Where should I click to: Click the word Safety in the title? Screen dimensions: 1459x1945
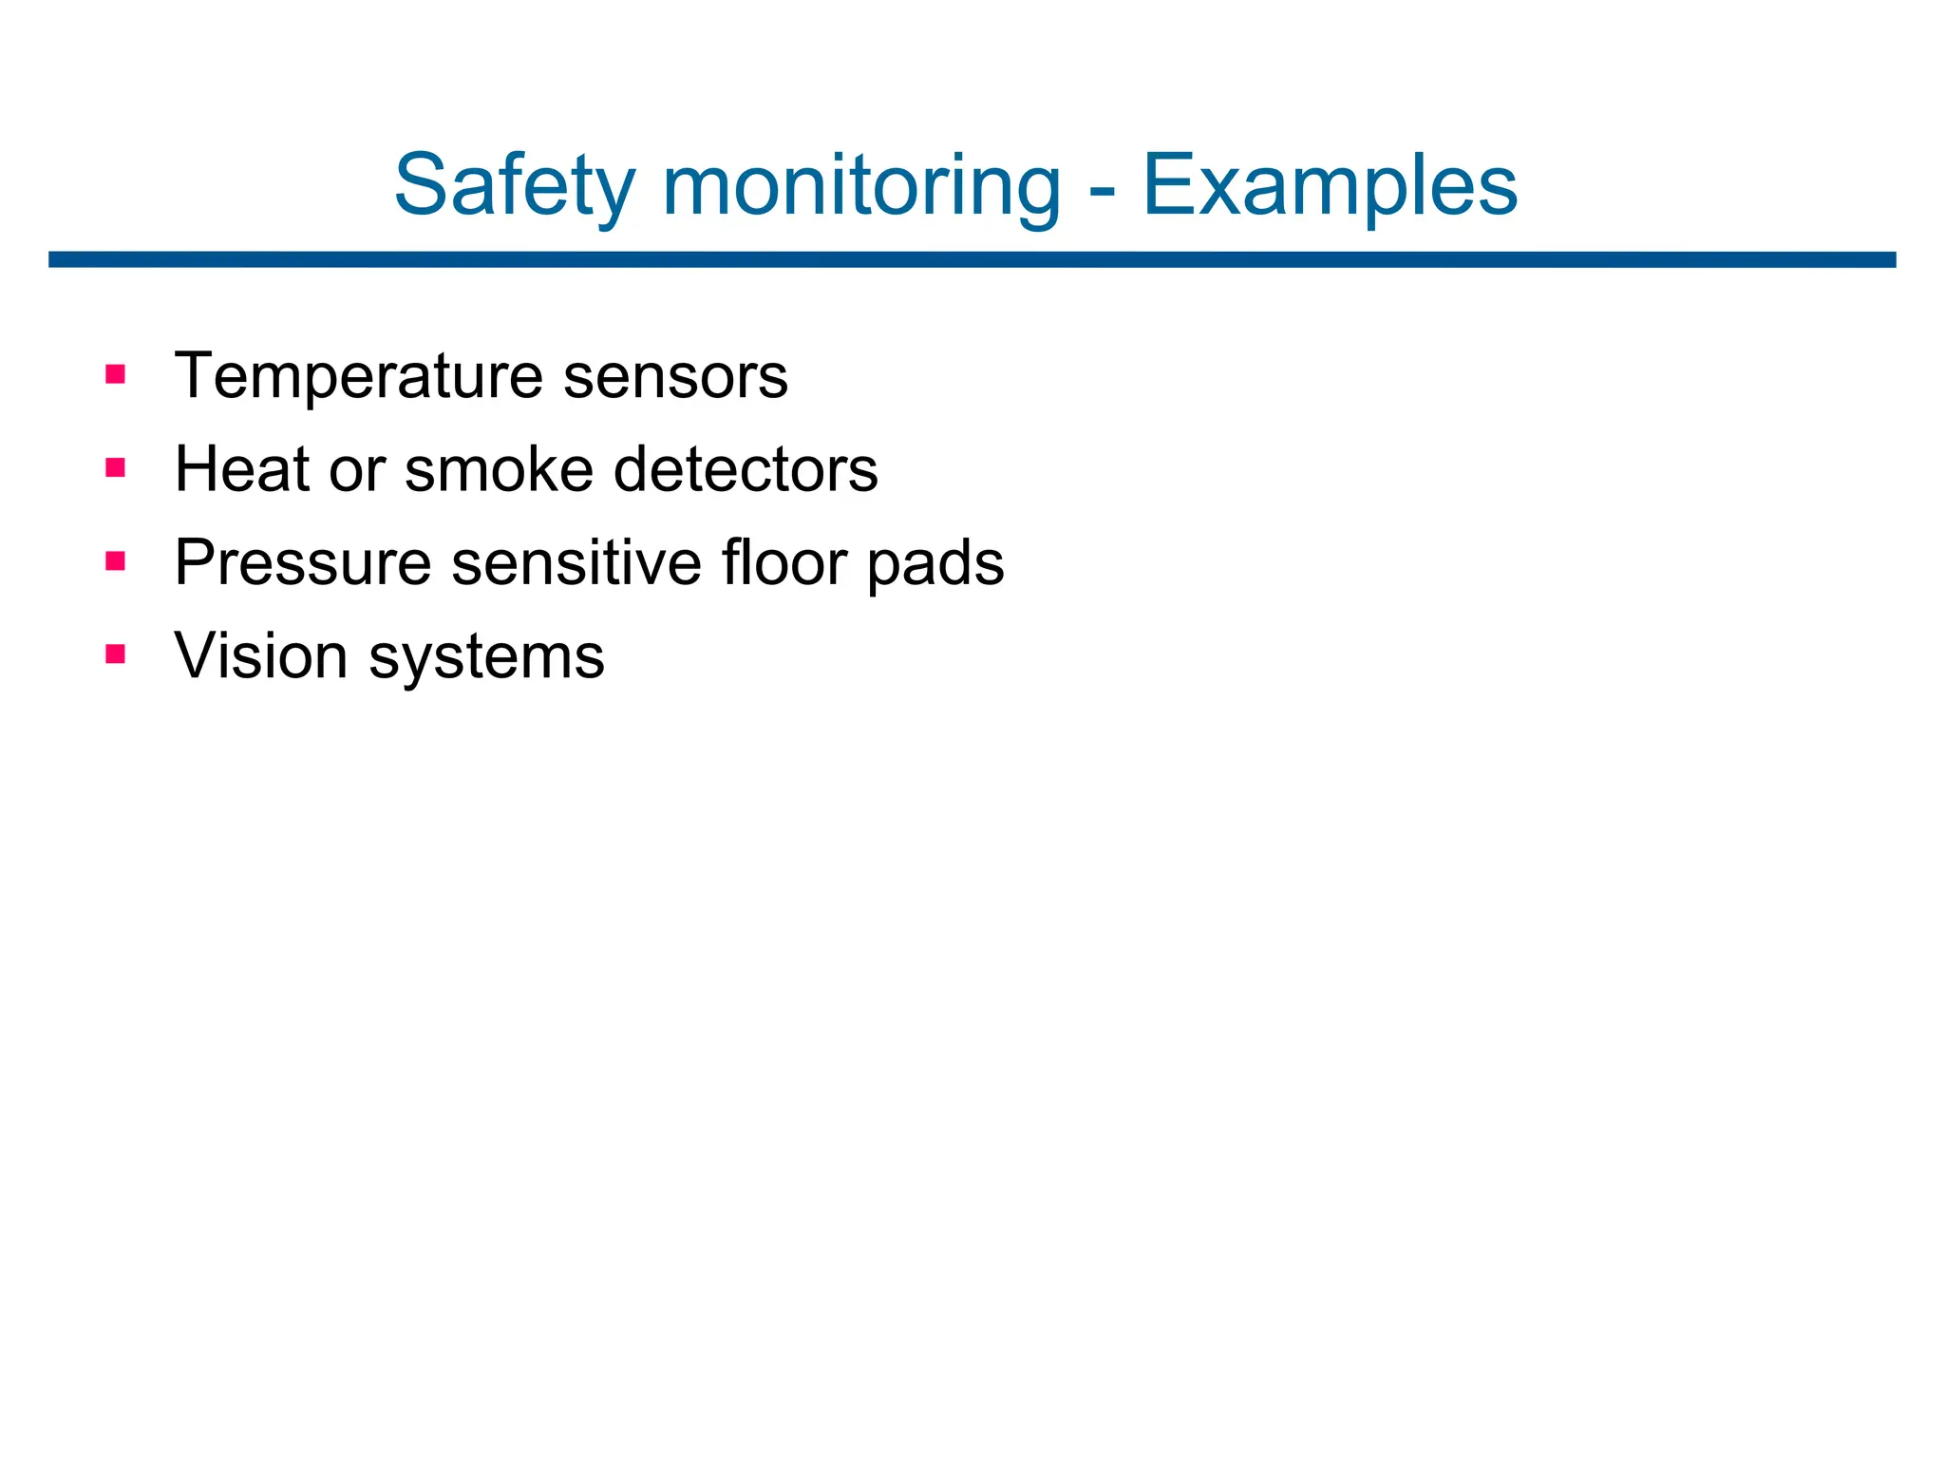pyautogui.click(x=514, y=186)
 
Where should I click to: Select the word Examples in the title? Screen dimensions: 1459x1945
pyautogui.click(x=1330, y=186)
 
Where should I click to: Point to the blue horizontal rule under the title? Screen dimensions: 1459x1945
pyautogui.click(x=972, y=259)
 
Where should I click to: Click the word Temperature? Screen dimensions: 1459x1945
pyautogui.click(x=359, y=377)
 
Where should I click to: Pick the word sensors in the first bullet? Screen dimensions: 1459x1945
pyautogui.click(x=675, y=377)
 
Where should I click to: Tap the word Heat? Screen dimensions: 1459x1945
pyautogui.click(x=242, y=469)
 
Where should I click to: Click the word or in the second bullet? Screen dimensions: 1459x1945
pyautogui.click(x=356, y=471)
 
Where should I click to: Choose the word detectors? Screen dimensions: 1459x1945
pyautogui.click(x=746, y=469)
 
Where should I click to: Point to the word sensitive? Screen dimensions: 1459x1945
pyautogui.click(x=576, y=563)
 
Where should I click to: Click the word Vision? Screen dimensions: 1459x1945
pyautogui.click(x=261, y=655)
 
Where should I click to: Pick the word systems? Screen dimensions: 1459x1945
pyautogui.click(x=486, y=657)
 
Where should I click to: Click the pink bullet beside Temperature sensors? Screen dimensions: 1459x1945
pyautogui.click(x=116, y=374)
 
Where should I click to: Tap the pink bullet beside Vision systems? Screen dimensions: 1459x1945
pyautogui.click(x=116, y=654)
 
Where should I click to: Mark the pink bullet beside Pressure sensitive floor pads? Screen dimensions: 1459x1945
pyautogui.click(x=116, y=560)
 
